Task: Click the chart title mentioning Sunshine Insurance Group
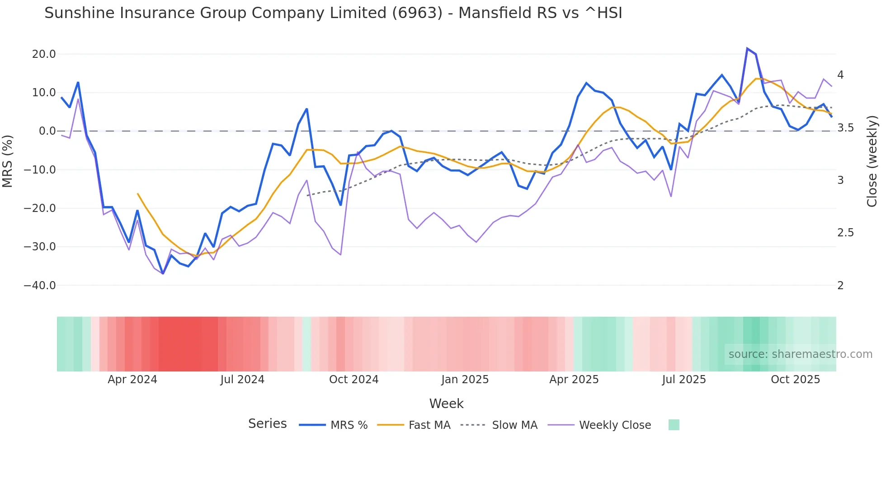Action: click(x=333, y=13)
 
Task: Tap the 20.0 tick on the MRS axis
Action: click(x=43, y=54)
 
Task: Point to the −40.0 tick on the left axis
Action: click(x=40, y=286)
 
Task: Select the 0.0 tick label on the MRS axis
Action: click(x=47, y=131)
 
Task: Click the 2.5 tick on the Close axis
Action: click(x=845, y=233)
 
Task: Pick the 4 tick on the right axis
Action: click(x=840, y=75)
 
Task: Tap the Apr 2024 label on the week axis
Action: click(x=132, y=380)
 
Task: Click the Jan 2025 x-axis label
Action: click(x=465, y=380)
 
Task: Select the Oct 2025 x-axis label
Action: click(x=795, y=380)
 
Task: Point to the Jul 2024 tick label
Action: click(x=242, y=380)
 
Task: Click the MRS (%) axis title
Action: click(x=8, y=161)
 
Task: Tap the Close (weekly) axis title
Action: click(x=872, y=161)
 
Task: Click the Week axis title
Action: click(x=446, y=404)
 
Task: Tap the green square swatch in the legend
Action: click(x=674, y=425)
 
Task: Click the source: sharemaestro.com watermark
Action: click(x=800, y=354)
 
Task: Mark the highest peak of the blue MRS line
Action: click(x=747, y=48)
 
